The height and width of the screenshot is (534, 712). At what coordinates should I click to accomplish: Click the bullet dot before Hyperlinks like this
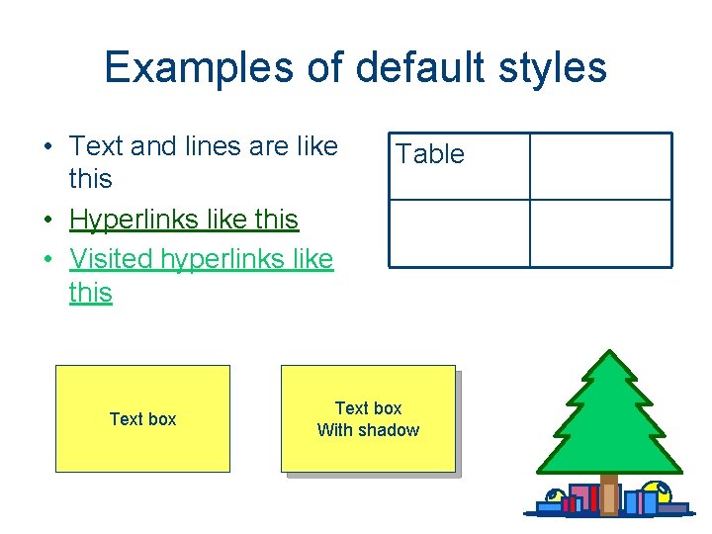click(x=48, y=220)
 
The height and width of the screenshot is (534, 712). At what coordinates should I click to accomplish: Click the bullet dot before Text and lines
click(x=48, y=147)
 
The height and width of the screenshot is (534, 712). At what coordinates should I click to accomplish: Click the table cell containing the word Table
click(x=459, y=166)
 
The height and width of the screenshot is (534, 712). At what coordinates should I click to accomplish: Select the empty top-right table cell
click(x=600, y=166)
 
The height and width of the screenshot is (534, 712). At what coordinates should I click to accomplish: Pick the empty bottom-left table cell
click(x=459, y=233)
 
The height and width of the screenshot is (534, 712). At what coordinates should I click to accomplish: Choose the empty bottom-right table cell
click(x=600, y=233)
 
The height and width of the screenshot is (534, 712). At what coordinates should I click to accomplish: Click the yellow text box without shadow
click(x=142, y=418)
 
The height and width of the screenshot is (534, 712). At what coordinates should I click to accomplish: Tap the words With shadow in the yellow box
click(x=368, y=430)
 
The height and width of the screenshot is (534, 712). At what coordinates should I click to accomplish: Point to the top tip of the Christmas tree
click(x=609, y=353)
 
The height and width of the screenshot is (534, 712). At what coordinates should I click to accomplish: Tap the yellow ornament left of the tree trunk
click(x=554, y=497)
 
